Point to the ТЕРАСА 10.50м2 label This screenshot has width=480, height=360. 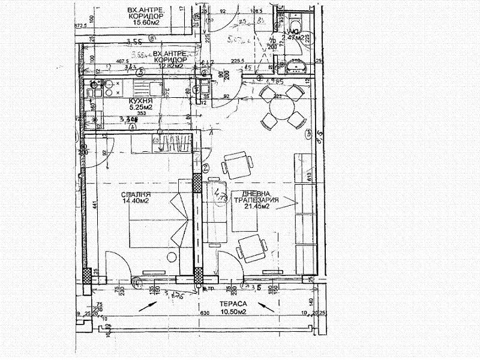232,308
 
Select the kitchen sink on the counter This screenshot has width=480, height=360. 155,89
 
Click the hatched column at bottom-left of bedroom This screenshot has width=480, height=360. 87,277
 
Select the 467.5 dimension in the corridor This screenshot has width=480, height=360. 107,61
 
